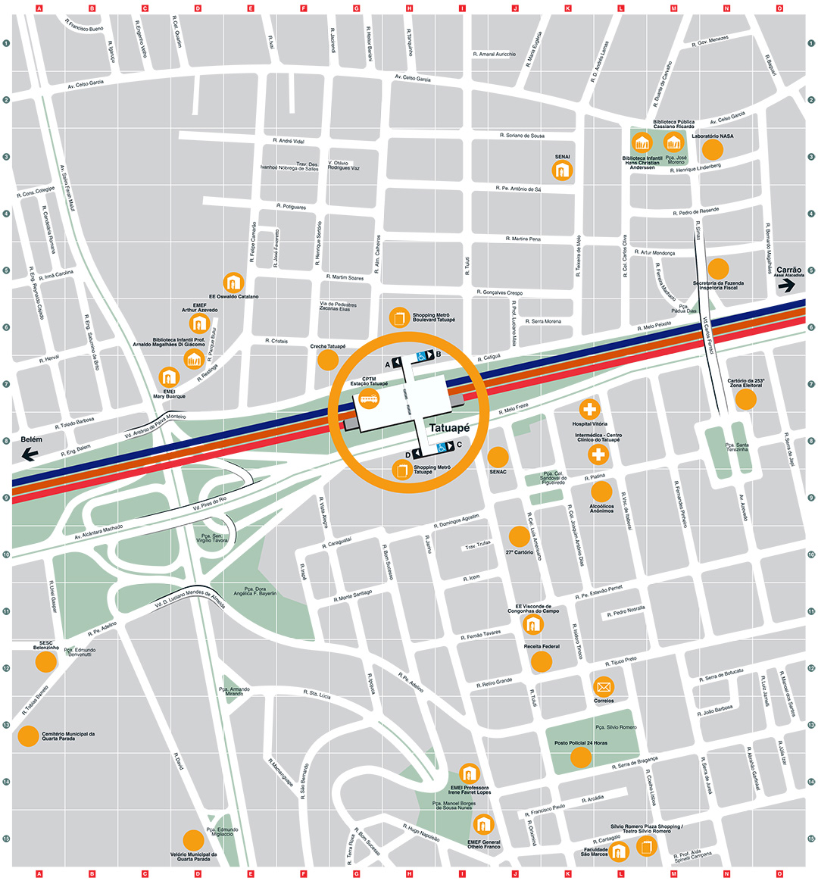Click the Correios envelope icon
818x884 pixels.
pyautogui.click(x=604, y=687)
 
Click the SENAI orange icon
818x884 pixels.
pyautogui.click(x=562, y=171)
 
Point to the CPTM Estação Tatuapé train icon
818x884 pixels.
pyautogui.click(x=370, y=399)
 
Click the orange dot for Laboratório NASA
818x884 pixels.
pyautogui.click(x=712, y=149)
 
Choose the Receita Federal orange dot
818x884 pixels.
pyautogui.click(x=542, y=661)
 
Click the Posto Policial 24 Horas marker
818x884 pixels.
pyautogui.click(x=581, y=757)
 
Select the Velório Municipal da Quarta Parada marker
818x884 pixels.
pyautogui.click(x=193, y=839)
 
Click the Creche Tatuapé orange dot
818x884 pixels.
pyautogui.click(x=327, y=360)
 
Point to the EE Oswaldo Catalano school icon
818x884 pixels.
pyautogui.click(x=234, y=283)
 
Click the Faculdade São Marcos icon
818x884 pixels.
pyautogui.click(x=619, y=851)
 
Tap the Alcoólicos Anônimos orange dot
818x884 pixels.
pyautogui.click(x=601, y=492)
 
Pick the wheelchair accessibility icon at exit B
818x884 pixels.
pyautogui.click(x=421, y=355)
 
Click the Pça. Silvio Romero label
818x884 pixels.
pyautogui.click(x=616, y=727)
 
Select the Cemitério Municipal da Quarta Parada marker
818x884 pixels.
pyautogui.click(x=28, y=736)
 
